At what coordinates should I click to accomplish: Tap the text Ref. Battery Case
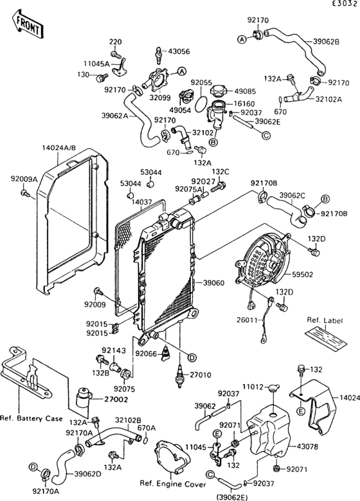(32, 418)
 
